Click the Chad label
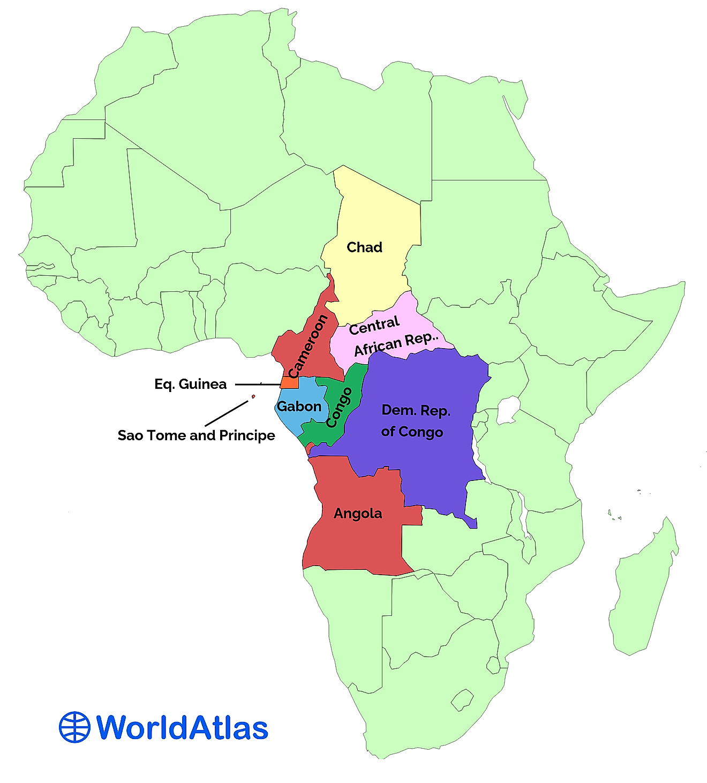[x=364, y=247]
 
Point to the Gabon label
[x=299, y=406]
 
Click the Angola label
[x=358, y=514]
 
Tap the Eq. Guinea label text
[x=190, y=384]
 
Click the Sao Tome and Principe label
[x=196, y=435]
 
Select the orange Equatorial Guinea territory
[x=290, y=382]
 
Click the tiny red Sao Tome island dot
[x=253, y=397]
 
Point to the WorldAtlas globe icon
[x=74, y=727]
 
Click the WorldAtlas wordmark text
[x=182, y=727]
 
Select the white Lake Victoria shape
[x=508, y=410]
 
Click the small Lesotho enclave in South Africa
[x=462, y=699]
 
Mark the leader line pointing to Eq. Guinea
[x=257, y=385]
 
